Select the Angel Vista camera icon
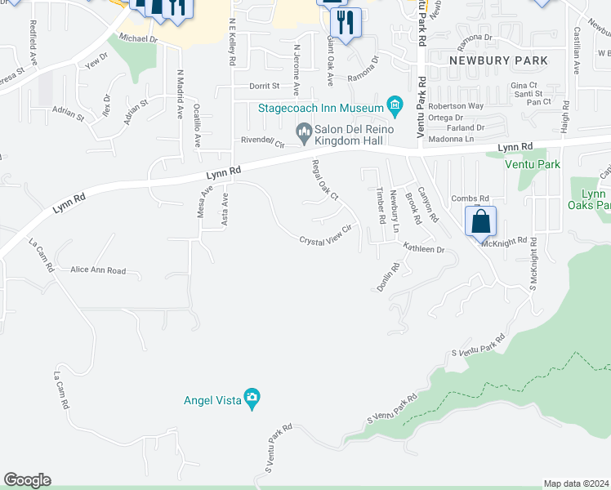pos(252,397)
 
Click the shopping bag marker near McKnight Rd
pos(481,221)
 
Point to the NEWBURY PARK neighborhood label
pos(498,61)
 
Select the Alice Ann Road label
pos(98,270)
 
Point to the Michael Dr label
pos(137,38)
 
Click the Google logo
pos(27,480)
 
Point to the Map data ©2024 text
pos(576,483)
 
